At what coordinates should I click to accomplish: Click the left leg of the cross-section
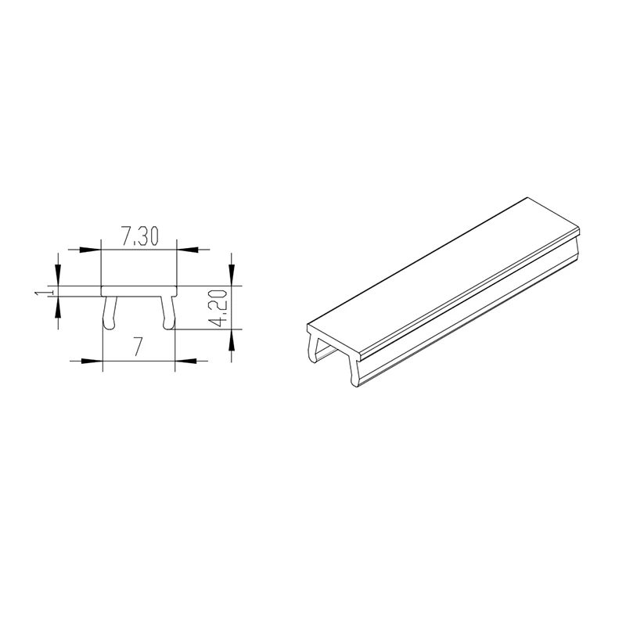pyautogui.click(x=109, y=311)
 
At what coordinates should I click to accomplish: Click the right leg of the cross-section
pyautogui.click(x=168, y=311)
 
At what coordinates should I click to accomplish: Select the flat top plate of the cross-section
pyautogui.click(x=139, y=290)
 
